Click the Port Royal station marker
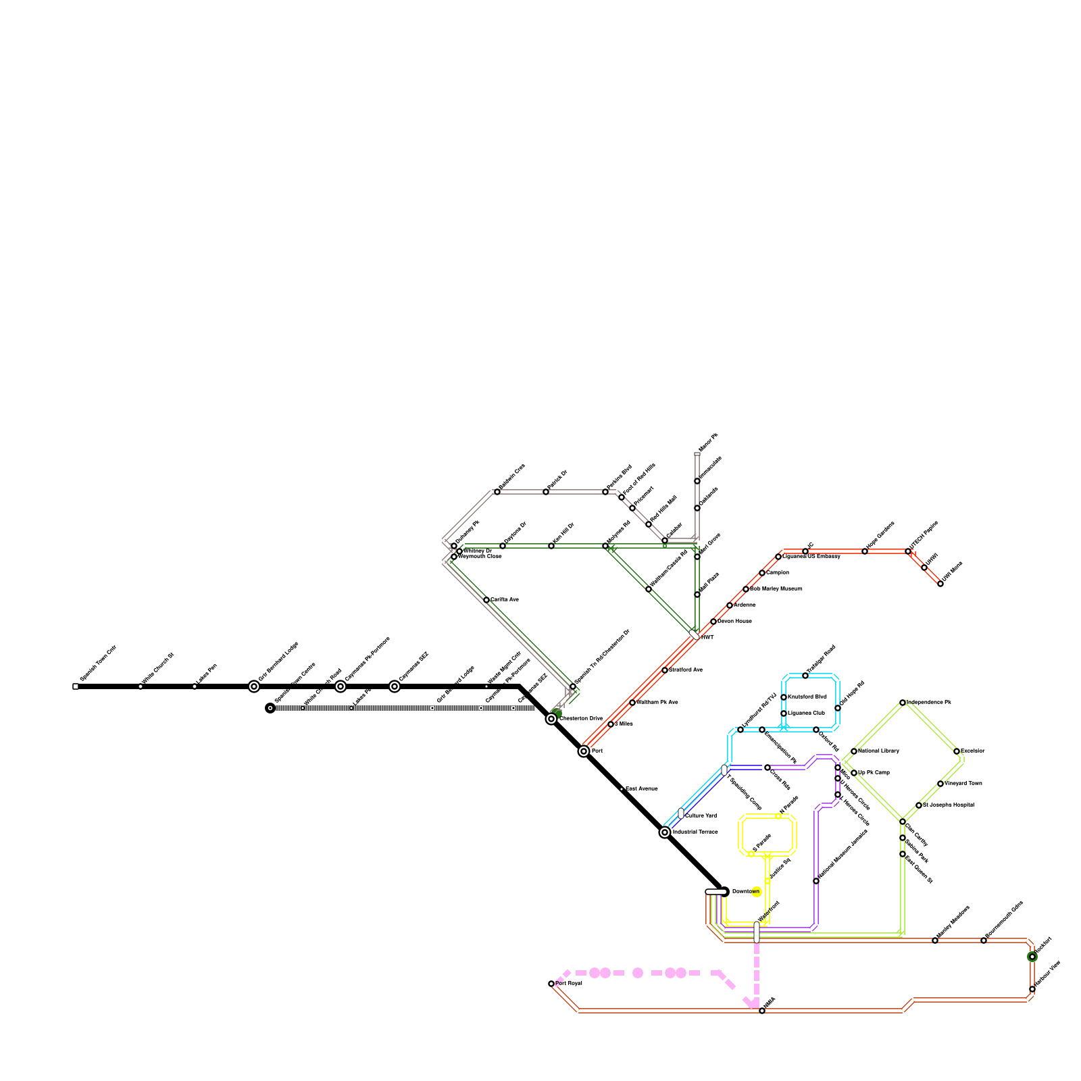[551, 984]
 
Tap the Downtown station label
[746, 892]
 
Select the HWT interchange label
[707, 637]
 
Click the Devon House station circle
[713, 622]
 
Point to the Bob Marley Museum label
[776, 589]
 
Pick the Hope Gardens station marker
[865, 551]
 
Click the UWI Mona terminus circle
[940, 584]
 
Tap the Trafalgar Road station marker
[805, 676]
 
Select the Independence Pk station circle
[903, 703]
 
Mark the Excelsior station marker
[957, 751]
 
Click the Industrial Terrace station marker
[665, 832]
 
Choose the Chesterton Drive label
[581, 719]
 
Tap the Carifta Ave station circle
[486, 600]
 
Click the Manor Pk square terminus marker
[697, 454]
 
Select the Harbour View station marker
[1032, 989]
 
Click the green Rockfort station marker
[1032, 957]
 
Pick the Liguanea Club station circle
[784, 713]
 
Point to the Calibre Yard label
[701, 816]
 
